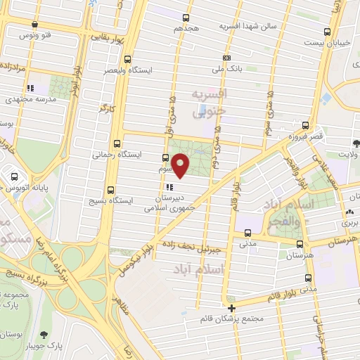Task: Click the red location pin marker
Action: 181,165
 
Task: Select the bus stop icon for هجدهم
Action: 186,18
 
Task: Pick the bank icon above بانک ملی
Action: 226,58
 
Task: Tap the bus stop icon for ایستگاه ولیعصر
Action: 127,60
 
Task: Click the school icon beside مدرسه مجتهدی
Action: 30,89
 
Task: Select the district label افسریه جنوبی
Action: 210,101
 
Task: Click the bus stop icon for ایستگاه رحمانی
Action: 117,141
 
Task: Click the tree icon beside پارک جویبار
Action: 46,335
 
